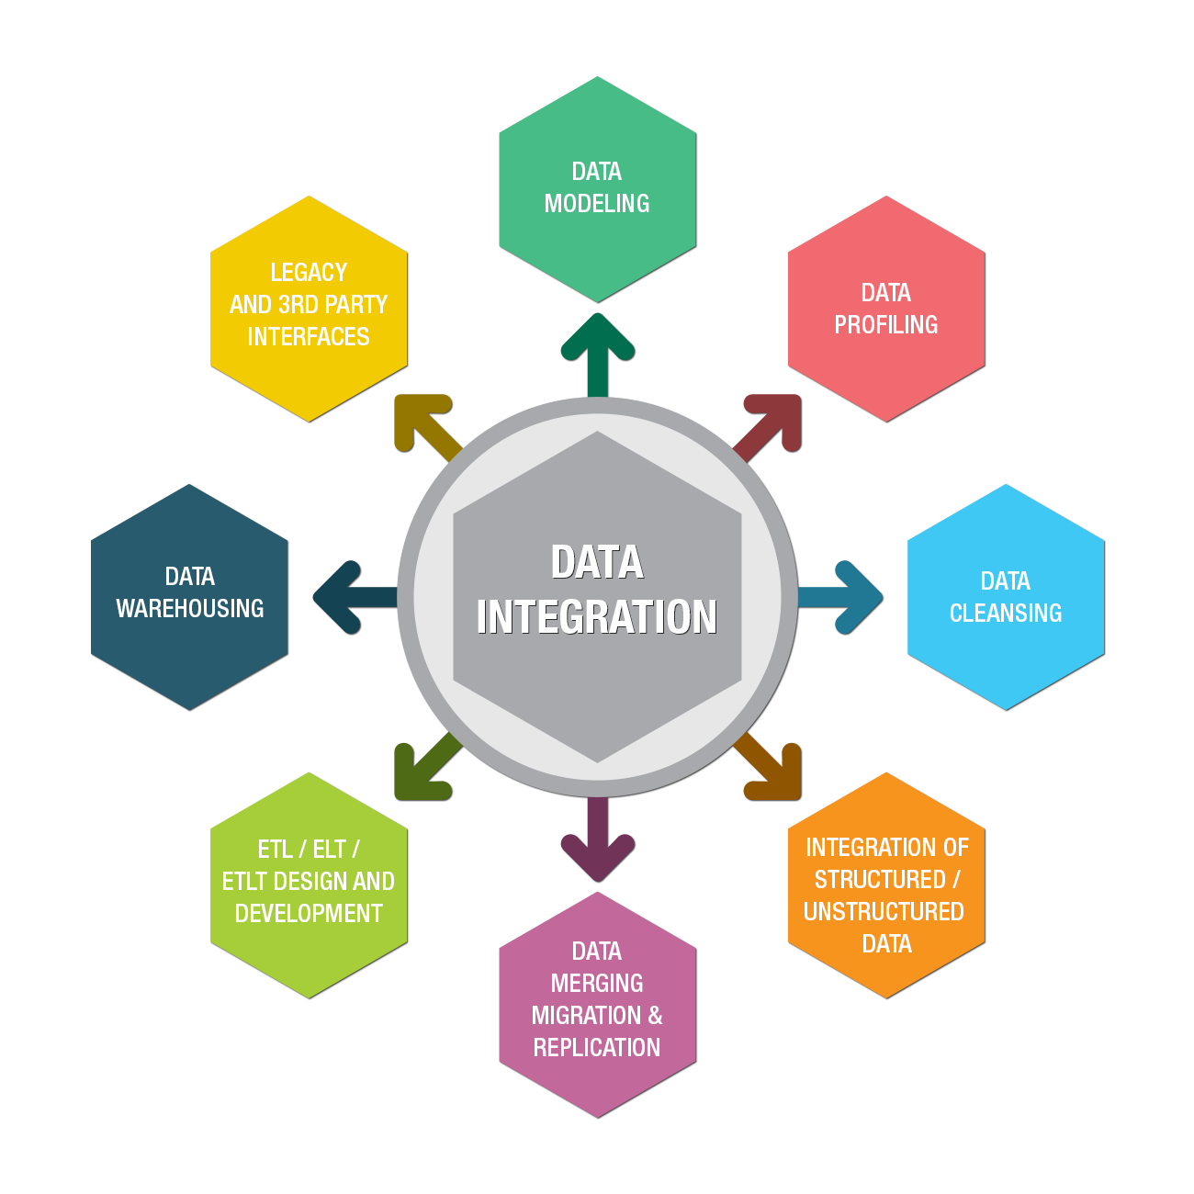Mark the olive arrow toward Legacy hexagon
[x=424, y=424]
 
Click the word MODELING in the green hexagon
[x=597, y=204]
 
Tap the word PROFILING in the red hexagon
[x=886, y=325]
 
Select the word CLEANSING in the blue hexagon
[x=1006, y=614]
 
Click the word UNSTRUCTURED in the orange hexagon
[x=884, y=912]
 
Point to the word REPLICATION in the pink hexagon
[x=597, y=1048]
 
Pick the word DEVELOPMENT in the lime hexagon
[x=309, y=914]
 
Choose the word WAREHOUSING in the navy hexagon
[x=190, y=609]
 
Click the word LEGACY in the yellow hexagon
[x=309, y=273]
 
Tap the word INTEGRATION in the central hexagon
[x=597, y=617]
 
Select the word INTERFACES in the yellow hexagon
[x=309, y=337]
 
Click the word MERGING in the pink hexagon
[x=597, y=984]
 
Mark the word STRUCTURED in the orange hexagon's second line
[x=880, y=880]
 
